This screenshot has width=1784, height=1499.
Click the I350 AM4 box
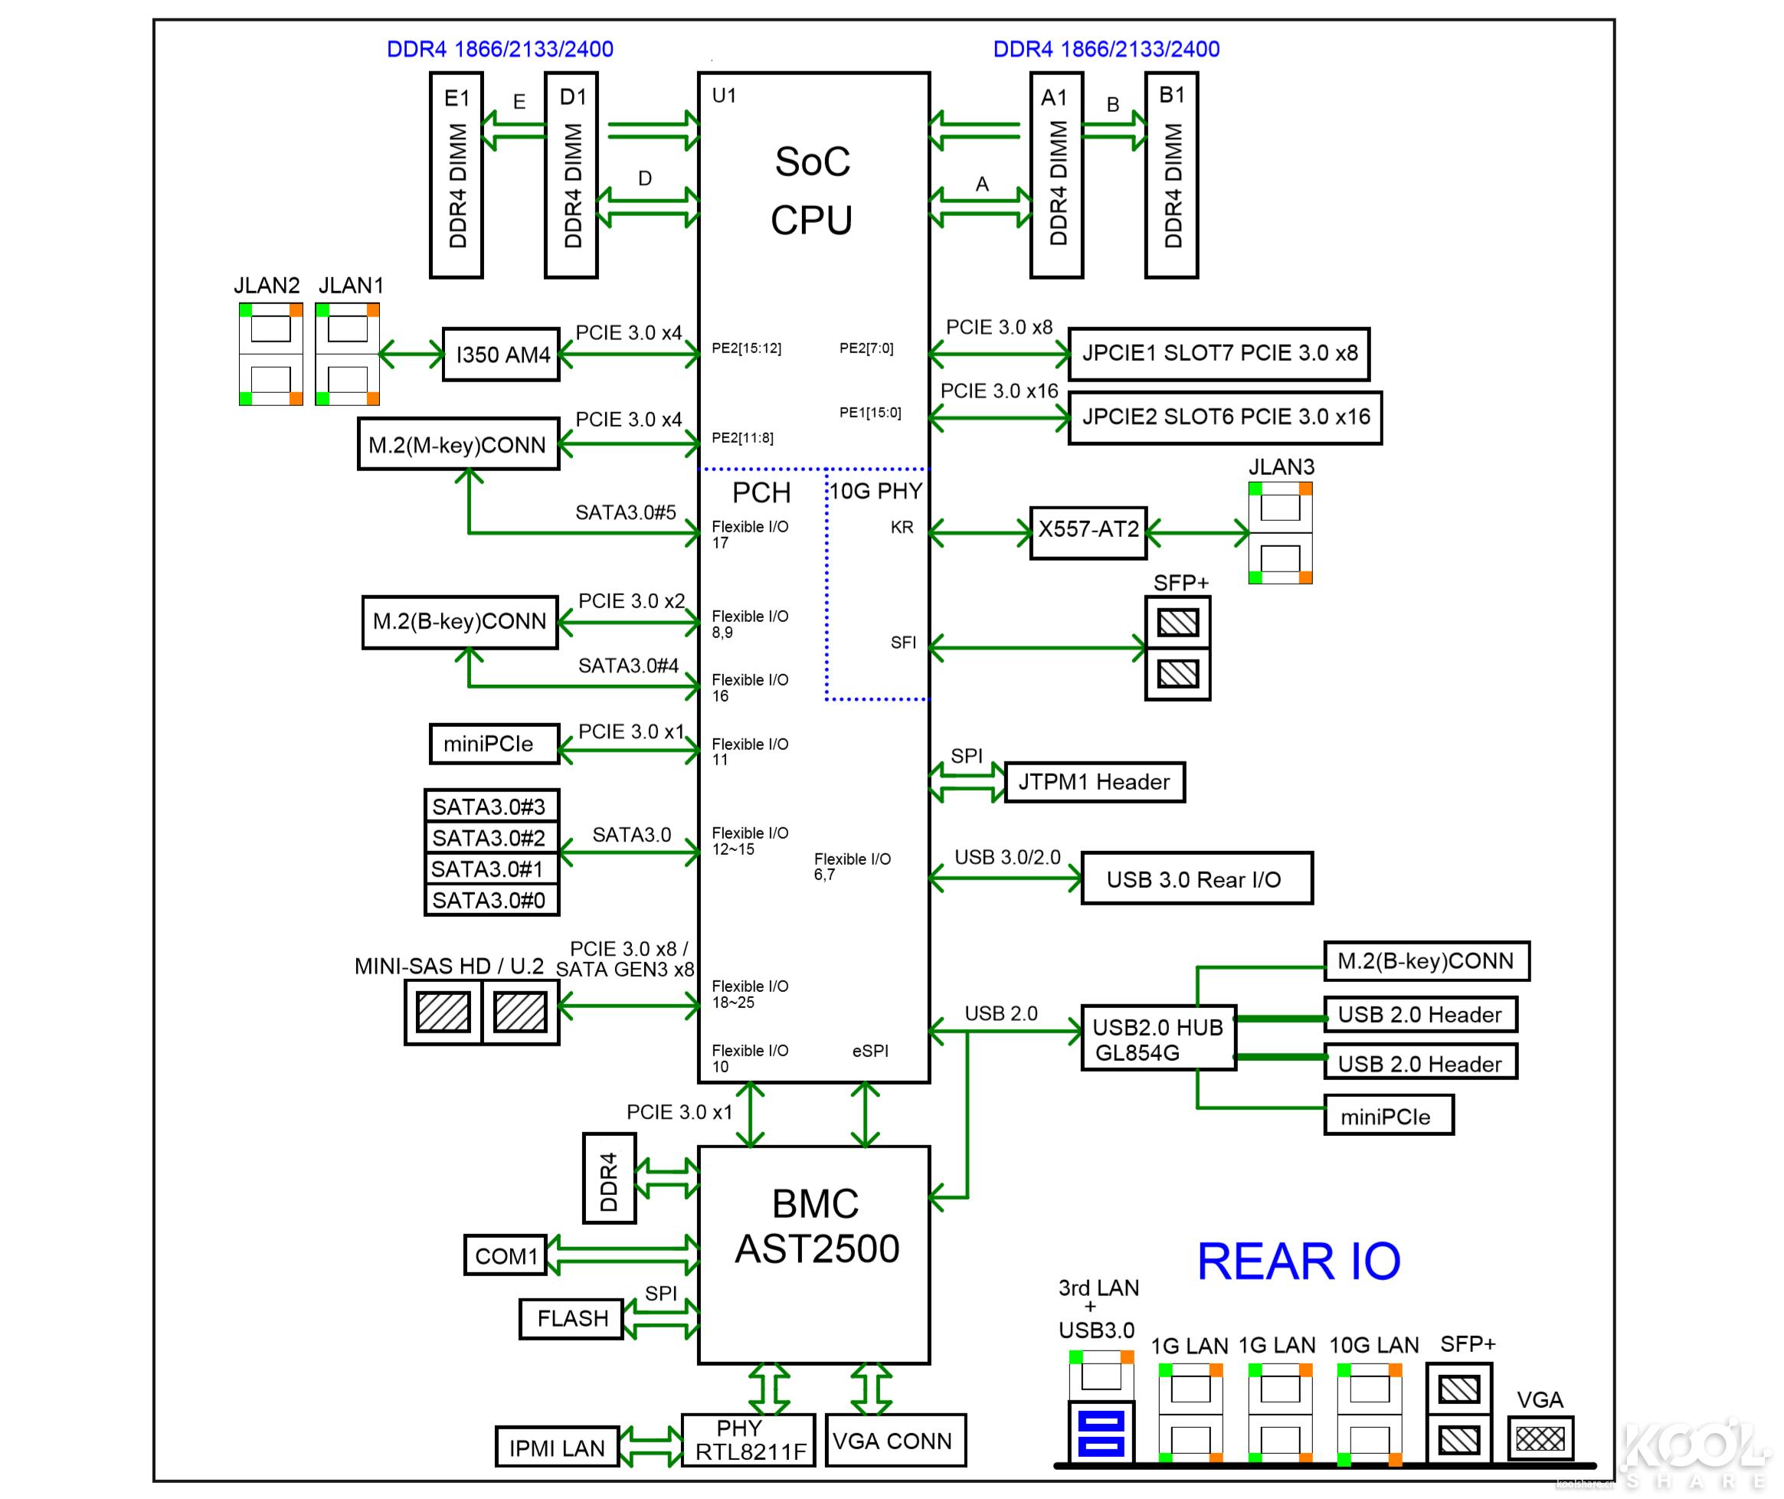(x=502, y=355)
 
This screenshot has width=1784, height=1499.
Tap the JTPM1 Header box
(x=1094, y=782)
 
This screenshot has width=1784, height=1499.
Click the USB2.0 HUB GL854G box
(x=1157, y=1039)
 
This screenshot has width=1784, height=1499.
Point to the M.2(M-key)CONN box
(x=458, y=443)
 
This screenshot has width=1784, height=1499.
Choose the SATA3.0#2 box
(x=491, y=838)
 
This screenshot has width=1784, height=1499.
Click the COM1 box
(x=506, y=1255)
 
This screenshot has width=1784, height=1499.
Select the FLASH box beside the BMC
(x=571, y=1318)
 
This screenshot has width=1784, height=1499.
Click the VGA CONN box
(x=895, y=1440)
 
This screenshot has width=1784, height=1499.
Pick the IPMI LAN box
(x=557, y=1447)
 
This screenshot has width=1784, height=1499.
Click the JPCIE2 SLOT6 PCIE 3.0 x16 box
(x=1224, y=417)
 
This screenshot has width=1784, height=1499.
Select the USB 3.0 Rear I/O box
(x=1196, y=879)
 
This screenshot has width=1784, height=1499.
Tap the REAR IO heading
(x=1298, y=1261)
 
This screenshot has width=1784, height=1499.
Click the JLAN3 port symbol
(x=1280, y=533)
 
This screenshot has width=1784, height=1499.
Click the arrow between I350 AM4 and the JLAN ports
(x=411, y=354)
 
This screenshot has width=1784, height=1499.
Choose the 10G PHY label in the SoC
(x=876, y=491)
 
